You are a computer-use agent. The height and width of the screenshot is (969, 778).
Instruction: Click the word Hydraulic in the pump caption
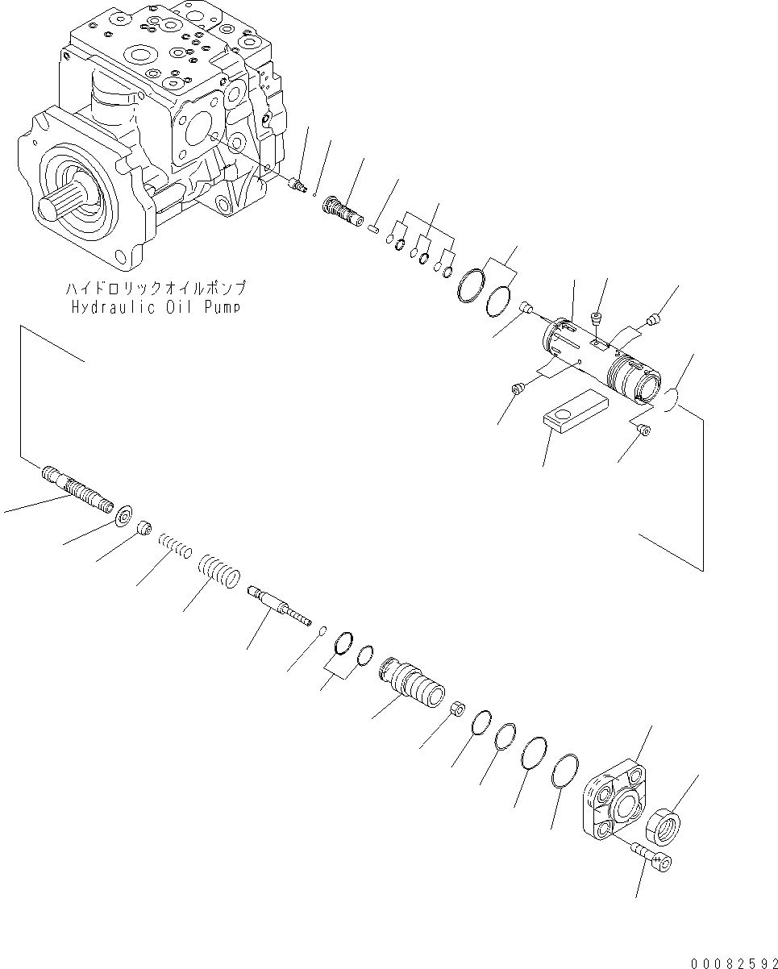pos(106,307)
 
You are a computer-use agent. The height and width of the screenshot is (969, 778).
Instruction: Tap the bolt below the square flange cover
pos(652,854)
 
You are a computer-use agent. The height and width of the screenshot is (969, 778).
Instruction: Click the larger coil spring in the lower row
pos(219,570)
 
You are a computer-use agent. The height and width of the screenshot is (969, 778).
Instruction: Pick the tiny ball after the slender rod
pos(322,630)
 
